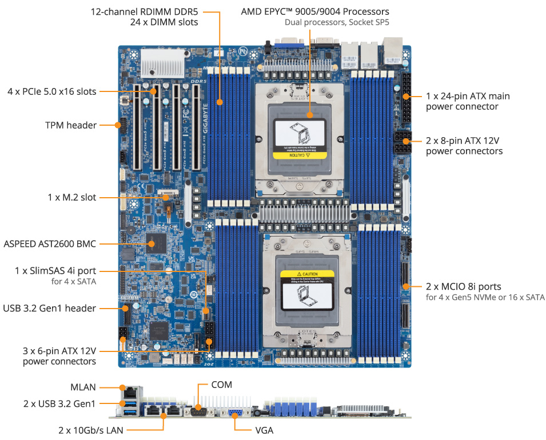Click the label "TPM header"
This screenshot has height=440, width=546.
(70, 125)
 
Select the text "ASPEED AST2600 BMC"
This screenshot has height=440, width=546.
(50, 244)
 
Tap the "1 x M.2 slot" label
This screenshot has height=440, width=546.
(71, 197)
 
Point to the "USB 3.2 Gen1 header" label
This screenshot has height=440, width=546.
(50, 309)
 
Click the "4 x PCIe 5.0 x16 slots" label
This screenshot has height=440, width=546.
(51, 91)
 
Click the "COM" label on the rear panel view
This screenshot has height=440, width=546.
(221, 385)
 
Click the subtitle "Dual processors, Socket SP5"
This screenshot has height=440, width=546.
(337, 23)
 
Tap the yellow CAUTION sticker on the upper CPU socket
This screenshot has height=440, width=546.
(300, 154)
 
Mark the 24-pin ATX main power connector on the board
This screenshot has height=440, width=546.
(406, 97)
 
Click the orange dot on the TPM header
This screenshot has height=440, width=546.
(121, 125)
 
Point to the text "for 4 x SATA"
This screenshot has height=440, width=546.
(74, 282)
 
